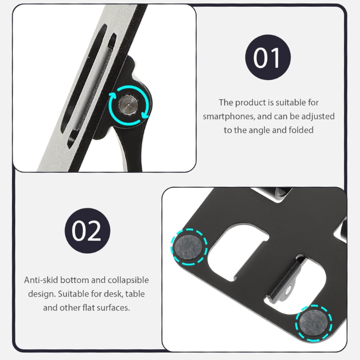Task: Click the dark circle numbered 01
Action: click(x=268, y=57)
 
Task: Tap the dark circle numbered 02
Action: click(x=88, y=231)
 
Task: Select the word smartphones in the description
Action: click(x=229, y=116)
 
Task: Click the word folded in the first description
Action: click(x=301, y=130)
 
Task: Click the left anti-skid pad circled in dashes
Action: click(x=189, y=247)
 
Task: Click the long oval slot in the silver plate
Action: click(x=83, y=79)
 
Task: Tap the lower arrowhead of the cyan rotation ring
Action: click(x=145, y=115)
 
